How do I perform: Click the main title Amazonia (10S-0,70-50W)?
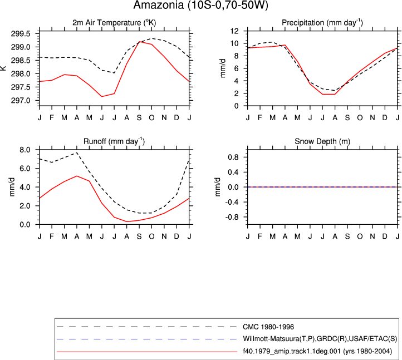pyautogui.click(x=200, y=5)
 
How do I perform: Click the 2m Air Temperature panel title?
pyautogui.click(x=114, y=23)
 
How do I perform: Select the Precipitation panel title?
pyautogui.click(x=322, y=23)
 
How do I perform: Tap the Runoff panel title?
pyautogui.click(x=114, y=141)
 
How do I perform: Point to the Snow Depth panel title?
pyautogui.click(x=322, y=141)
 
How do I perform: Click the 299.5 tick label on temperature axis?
pyautogui.click(x=21, y=34)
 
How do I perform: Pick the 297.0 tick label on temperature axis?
pyautogui.click(x=21, y=101)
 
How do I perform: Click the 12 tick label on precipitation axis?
pyautogui.click(x=234, y=31)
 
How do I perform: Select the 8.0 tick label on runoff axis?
pyautogui.click(x=24, y=150)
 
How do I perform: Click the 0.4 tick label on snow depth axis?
pyautogui.click(x=233, y=172)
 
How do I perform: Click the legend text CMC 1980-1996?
pyautogui.click(x=268, y=327)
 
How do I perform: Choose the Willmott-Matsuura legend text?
pyautogui.click(x=320, y=339)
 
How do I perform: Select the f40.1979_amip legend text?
pyautogui.click(x=317, y=351)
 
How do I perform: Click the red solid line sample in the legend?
pyautogui.click(x=147, y=352)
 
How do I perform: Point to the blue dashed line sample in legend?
pyautogui.click(x=147, y=339)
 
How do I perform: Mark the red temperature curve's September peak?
pyautogui.click(x=139, y=42)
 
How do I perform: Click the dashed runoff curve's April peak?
pyautogui.click(x=77, y=152)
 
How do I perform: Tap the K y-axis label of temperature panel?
pyautogui.click(x=3, y=68)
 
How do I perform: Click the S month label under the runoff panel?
pyautogui.click(x=139, y=236)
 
